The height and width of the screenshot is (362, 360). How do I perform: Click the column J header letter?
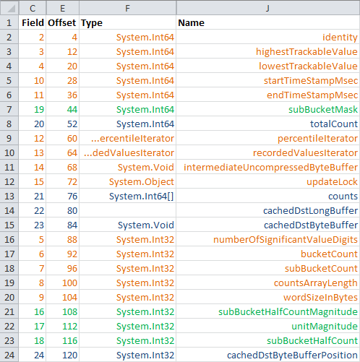[x=267, y=9]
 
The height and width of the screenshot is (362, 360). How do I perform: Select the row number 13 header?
[x=9, y=196]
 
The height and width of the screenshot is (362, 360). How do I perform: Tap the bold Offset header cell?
[x=62, y=22]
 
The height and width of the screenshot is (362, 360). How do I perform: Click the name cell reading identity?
[x=267, y=37]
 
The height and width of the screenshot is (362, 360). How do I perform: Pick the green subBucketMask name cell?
[x=267, y=109]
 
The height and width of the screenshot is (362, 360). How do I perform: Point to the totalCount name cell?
[x=267, y=124]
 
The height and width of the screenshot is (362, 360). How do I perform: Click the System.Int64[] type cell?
[x=127, y=196]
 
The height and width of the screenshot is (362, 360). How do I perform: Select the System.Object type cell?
[x=127, y=181]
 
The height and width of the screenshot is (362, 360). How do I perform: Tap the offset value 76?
[x=72, y=197]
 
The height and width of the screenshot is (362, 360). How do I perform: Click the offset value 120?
[x=70, y=355]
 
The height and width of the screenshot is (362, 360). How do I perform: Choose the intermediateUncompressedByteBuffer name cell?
[x=267, y=167]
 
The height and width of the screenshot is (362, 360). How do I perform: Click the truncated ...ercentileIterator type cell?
[x=127, y=138]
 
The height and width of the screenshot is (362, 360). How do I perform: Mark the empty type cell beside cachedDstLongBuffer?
[x=127, y=210]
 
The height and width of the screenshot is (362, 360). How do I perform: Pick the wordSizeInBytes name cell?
[x=267, y=297]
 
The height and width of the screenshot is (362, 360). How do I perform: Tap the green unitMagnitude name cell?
[x=267, y=326]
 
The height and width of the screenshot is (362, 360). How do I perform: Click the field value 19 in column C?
[x=39, y=110]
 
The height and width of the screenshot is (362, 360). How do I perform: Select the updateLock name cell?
[x=267, y=181]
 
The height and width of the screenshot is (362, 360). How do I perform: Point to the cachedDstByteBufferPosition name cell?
[x=267, y=355]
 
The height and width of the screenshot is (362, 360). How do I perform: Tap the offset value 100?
[x=70, y=283]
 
